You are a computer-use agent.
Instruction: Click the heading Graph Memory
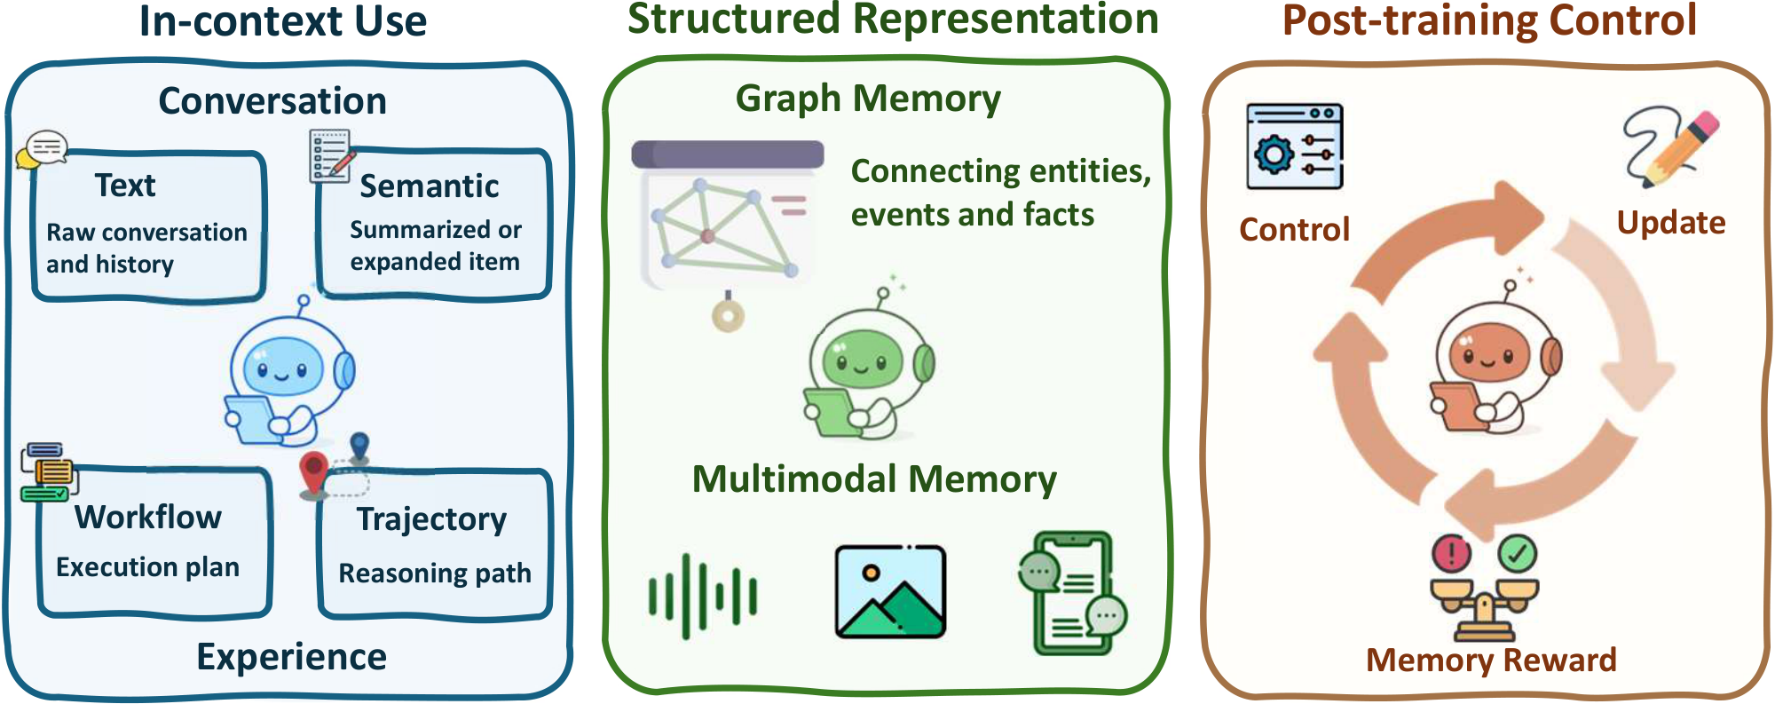[x=867, y=99]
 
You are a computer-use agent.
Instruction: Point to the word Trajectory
[x=431, y=519]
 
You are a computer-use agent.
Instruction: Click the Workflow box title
[x=147, y=518]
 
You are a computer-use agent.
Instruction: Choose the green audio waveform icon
[x=702, y=596]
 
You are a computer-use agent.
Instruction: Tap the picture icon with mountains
[x=890, y=592]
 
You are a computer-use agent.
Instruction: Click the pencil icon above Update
[x=1673, y=146]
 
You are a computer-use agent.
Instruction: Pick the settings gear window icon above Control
[x=1294, y=146]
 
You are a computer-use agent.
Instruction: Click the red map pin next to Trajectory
[x=313, y=473]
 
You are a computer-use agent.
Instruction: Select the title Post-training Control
[x=1489, y=20]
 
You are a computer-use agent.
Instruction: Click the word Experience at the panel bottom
[x=291, y=658]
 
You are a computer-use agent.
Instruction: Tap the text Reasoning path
[x=434, y=574]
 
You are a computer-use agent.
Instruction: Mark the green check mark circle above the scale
[x=1517, y=554]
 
